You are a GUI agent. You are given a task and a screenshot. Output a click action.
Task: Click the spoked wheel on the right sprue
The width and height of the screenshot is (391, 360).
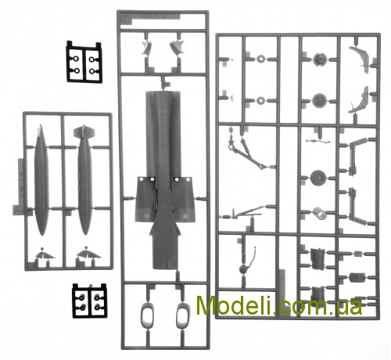tap(318, 178)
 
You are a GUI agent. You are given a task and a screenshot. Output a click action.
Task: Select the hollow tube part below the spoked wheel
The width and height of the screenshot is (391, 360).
tap(320, 214)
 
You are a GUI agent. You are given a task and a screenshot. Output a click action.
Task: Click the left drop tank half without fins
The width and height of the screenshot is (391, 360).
tap(41, 180)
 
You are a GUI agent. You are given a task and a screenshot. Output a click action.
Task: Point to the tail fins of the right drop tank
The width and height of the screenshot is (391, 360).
tap(84, 131)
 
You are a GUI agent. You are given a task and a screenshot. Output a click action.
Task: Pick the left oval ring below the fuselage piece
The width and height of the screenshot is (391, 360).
tap(147, 316)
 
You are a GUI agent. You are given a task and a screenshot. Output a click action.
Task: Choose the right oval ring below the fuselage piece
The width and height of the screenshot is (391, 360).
tap(183, 316)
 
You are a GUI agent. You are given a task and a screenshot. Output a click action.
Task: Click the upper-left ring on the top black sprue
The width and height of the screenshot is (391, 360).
tap(76, 59)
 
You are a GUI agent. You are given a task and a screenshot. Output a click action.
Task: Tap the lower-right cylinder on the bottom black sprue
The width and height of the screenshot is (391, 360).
tap(98, 308)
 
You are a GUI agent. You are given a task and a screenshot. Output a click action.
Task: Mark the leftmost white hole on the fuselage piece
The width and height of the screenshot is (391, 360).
tap(142, 180)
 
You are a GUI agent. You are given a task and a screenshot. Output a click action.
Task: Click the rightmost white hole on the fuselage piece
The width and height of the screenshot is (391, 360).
tap(188, 180)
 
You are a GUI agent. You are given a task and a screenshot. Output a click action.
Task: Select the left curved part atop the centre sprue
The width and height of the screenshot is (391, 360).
tap(146, 48)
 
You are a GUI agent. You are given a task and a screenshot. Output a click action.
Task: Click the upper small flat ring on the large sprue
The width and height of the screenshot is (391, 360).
tap(260, 59)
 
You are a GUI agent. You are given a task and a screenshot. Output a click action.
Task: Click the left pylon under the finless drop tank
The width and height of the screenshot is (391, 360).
tap(45, 254)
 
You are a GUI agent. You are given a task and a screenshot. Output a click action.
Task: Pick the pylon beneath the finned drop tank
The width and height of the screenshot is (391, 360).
tap(88, 254)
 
